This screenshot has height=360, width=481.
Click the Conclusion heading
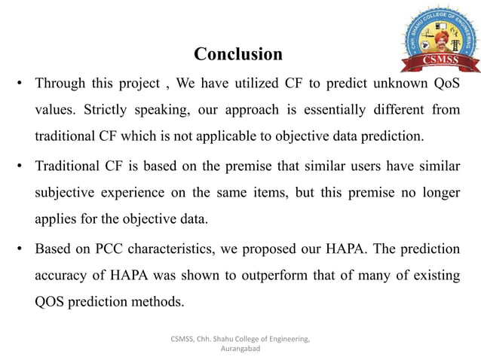(x=238, y=54)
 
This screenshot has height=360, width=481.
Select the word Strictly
(x=132, y=110)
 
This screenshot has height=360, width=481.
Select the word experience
(x=149, y=192)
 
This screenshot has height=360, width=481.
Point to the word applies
(x=54, y=219)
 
